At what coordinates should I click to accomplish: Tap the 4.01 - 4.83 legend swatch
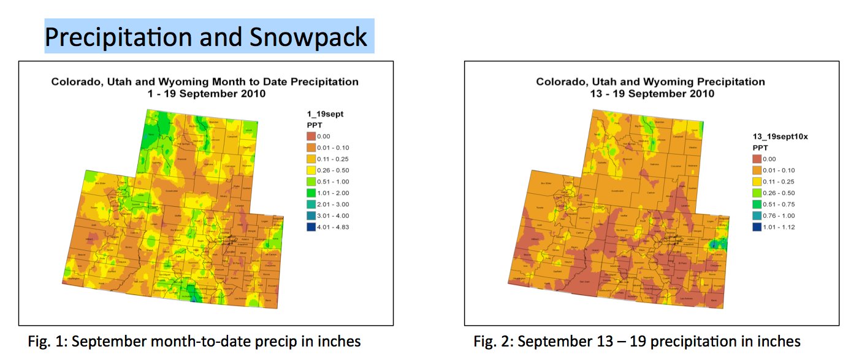[x=311, y=227]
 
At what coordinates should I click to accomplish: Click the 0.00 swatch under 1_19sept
[x=311, y=136]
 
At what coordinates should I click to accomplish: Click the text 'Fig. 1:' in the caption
[x=47, y=341]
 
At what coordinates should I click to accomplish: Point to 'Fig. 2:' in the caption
[x=492, y=341]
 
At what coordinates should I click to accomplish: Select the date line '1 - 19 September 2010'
[x=205, y=94]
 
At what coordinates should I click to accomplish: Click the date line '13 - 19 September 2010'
[x=651, y=94]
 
